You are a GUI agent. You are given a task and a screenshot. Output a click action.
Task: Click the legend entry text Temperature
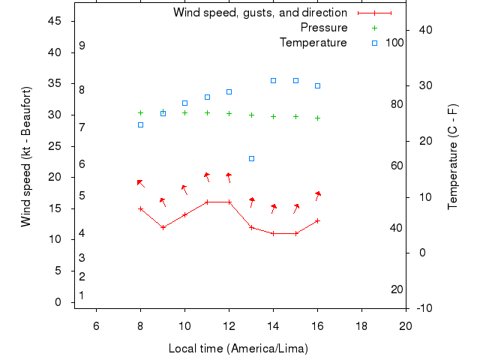(x=313, y=43)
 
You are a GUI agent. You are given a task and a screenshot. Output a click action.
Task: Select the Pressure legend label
(x=323, y=28)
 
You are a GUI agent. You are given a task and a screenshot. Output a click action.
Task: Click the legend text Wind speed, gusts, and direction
(x=259, y=13)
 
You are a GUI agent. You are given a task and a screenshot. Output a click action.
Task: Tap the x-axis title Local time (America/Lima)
(x=238, y=349)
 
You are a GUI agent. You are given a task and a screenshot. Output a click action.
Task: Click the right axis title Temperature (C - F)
(x=452, y=157)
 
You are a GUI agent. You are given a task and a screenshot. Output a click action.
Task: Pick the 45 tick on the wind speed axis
(x=55, y=21)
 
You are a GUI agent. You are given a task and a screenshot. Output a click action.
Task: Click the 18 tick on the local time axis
(x=361, y=325)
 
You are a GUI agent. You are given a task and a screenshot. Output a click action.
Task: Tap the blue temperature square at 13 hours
(x=251, y=158)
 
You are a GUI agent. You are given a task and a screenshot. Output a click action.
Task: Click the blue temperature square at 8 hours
(x=140, y=124)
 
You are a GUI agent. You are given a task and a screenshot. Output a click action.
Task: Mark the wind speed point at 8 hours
(x=140, y=208)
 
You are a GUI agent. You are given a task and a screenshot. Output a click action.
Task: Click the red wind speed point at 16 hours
(x=318, y=220)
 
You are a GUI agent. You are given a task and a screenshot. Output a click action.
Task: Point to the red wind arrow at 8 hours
(x=140, y=182)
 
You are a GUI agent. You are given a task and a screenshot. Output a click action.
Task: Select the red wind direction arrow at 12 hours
(x=229, y=177)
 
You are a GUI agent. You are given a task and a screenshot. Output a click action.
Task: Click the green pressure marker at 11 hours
(x=207, y=112)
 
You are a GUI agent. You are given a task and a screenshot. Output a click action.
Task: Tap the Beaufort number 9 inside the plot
(x=82, y=46)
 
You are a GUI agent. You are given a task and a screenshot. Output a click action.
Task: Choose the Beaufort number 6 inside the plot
(x=82, y=163)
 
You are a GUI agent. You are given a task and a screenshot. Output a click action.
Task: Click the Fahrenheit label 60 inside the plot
(x=397, y=166)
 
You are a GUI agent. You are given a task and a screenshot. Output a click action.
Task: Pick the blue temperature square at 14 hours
(x=273, y=80)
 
